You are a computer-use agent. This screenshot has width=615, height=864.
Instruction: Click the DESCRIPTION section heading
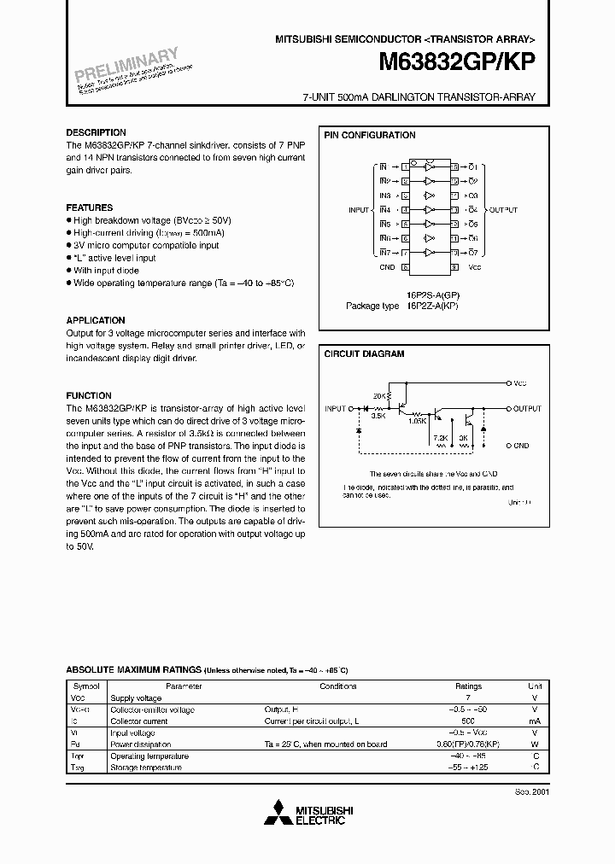(97, 133)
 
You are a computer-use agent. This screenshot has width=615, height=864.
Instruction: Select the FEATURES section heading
(90, 207)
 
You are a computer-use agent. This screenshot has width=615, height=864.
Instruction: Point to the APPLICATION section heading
(96, 320)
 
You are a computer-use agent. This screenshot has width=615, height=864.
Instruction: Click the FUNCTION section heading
(89, 395)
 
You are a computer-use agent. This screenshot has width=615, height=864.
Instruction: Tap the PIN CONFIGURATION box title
(369, 135)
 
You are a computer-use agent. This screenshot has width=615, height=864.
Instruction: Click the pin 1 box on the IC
(405, 166)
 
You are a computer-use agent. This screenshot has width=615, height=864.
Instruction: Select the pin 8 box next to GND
(405, 267)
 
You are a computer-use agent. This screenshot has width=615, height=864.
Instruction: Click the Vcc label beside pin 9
(475, 267)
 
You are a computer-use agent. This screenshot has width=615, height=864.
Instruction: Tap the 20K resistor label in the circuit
(380, 395)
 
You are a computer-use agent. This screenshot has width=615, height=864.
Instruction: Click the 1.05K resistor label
(418, 419)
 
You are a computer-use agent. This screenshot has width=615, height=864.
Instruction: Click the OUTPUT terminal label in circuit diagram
(527, 409)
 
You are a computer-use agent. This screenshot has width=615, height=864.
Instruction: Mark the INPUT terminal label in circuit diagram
(336, 409)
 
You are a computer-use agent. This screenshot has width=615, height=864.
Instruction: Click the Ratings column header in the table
(468, 686)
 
